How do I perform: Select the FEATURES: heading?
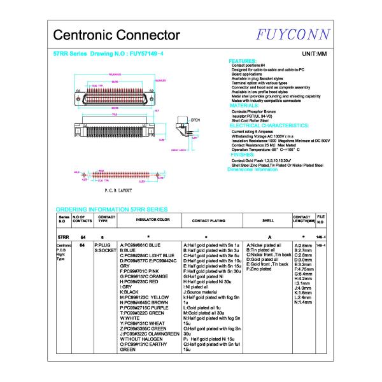[243, 61]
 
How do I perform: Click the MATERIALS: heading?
[245, 106]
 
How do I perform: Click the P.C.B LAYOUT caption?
[117, 190]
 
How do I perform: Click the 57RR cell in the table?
[63, 236]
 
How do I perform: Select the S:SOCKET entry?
[106, 250]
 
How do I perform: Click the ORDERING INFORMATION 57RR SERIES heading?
[111, 209]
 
